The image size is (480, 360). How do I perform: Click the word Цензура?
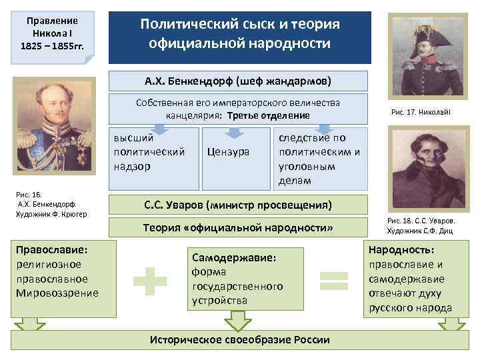coord(229,151)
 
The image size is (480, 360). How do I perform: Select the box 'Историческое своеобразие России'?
coord(239,339)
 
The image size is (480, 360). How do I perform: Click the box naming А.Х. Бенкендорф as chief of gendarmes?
coord(238,81)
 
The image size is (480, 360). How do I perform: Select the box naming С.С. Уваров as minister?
coord(238,203)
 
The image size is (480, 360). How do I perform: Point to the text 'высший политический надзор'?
coord(149,152)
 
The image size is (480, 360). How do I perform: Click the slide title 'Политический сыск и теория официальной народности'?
coord(239,33)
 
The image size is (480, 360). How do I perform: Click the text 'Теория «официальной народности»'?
coord(238,228)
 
